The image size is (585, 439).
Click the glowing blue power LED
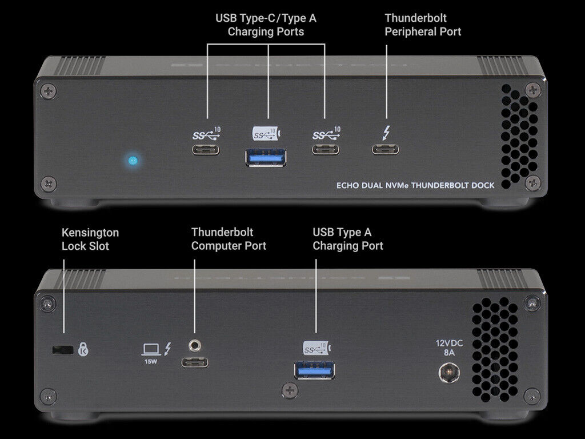point(133,160)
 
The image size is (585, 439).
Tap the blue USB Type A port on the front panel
point(266,157)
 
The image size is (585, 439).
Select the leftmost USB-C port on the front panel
point(206,150)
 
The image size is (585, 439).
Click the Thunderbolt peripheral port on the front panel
point(386,150)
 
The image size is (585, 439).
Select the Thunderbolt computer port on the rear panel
point(195,362)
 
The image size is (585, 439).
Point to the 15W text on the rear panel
point(151,361)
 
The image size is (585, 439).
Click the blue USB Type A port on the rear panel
point(315,370)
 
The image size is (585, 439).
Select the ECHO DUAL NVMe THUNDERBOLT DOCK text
point(414,185)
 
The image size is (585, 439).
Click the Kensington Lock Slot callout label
point(90,240)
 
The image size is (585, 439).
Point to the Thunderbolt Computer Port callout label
point(229,239)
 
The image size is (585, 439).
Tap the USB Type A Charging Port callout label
point(347,239)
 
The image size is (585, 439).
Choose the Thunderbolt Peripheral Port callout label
point(423,25)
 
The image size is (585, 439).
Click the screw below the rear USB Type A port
point(290,390)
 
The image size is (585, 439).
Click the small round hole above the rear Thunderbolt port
point(195,345)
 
